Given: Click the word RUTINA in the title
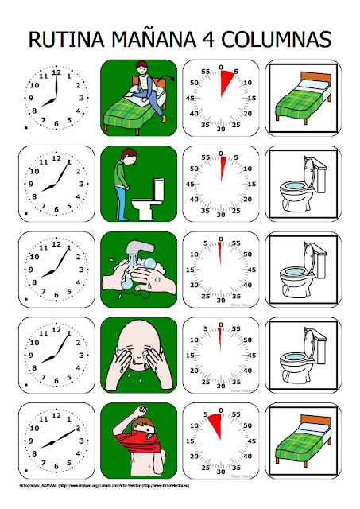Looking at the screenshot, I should (66, 39).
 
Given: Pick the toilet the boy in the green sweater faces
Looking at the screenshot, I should (149, 199).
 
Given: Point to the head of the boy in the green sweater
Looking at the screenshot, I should (131, 155).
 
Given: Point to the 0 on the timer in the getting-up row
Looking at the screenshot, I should (220, 67).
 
